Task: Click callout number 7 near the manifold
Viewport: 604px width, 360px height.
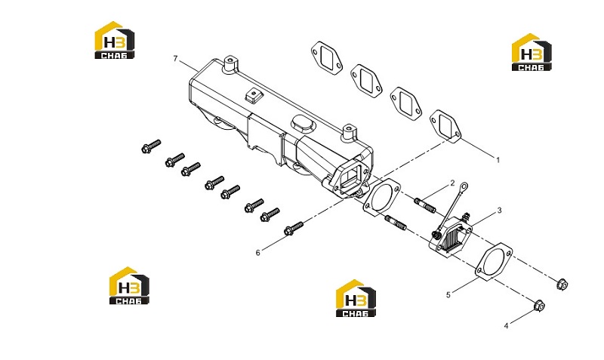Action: click(176, 59)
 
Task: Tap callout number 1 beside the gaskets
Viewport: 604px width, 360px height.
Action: click(498, 160)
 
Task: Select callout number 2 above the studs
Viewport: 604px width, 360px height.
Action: click(452, 183)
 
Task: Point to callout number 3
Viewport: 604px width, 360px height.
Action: click(500, 211)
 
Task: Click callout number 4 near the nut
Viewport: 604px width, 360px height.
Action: click(506, 326)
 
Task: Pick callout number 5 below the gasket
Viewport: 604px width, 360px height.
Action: click(448, 295)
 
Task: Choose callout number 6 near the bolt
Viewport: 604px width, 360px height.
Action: click(258, 253)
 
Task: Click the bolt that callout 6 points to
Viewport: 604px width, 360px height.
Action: click(294, 228)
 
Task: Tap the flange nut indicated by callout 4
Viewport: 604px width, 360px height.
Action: click(539, 306)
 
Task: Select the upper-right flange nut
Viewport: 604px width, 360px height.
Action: click(562, 285)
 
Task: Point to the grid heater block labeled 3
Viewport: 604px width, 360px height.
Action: click(451, 235)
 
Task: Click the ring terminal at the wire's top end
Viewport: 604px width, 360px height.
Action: click(464, 186)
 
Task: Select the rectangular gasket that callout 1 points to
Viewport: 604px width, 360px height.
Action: click(445, 125)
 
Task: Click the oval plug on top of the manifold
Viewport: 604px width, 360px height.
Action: click(304, 124)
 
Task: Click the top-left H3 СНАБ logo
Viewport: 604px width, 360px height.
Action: click(115, 40)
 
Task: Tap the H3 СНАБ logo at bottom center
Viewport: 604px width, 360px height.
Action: click(356, 298)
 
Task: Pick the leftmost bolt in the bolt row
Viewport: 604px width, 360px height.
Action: click(151, 146)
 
